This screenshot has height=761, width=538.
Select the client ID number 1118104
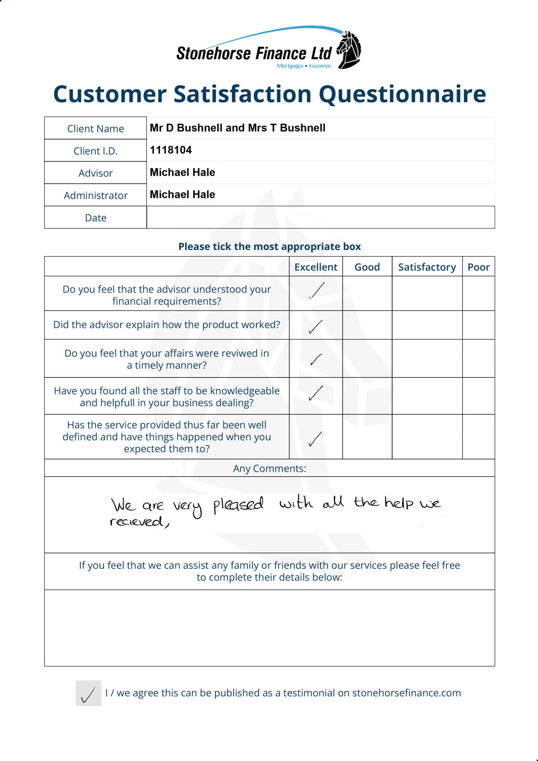point(171,150)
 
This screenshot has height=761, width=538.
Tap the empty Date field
point(320,217)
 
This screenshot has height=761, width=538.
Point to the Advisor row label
point(96,173)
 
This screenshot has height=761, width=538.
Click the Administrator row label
point(96,196)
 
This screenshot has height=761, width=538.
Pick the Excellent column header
point(316,267)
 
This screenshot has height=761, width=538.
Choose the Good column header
point(367,267)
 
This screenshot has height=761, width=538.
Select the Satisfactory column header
point(427,267)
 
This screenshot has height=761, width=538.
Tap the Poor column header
point(478,267)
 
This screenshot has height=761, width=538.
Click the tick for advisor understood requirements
point(317,291)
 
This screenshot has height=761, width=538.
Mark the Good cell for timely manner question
point(367,358)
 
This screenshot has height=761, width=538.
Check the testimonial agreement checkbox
point(88,693)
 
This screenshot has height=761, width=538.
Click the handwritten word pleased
point(238,505)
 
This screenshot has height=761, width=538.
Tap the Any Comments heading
point(269,468)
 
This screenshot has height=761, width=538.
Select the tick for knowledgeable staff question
point(316,393)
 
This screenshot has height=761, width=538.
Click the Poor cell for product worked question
point(478,325)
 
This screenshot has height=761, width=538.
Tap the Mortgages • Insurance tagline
point(304,66)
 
